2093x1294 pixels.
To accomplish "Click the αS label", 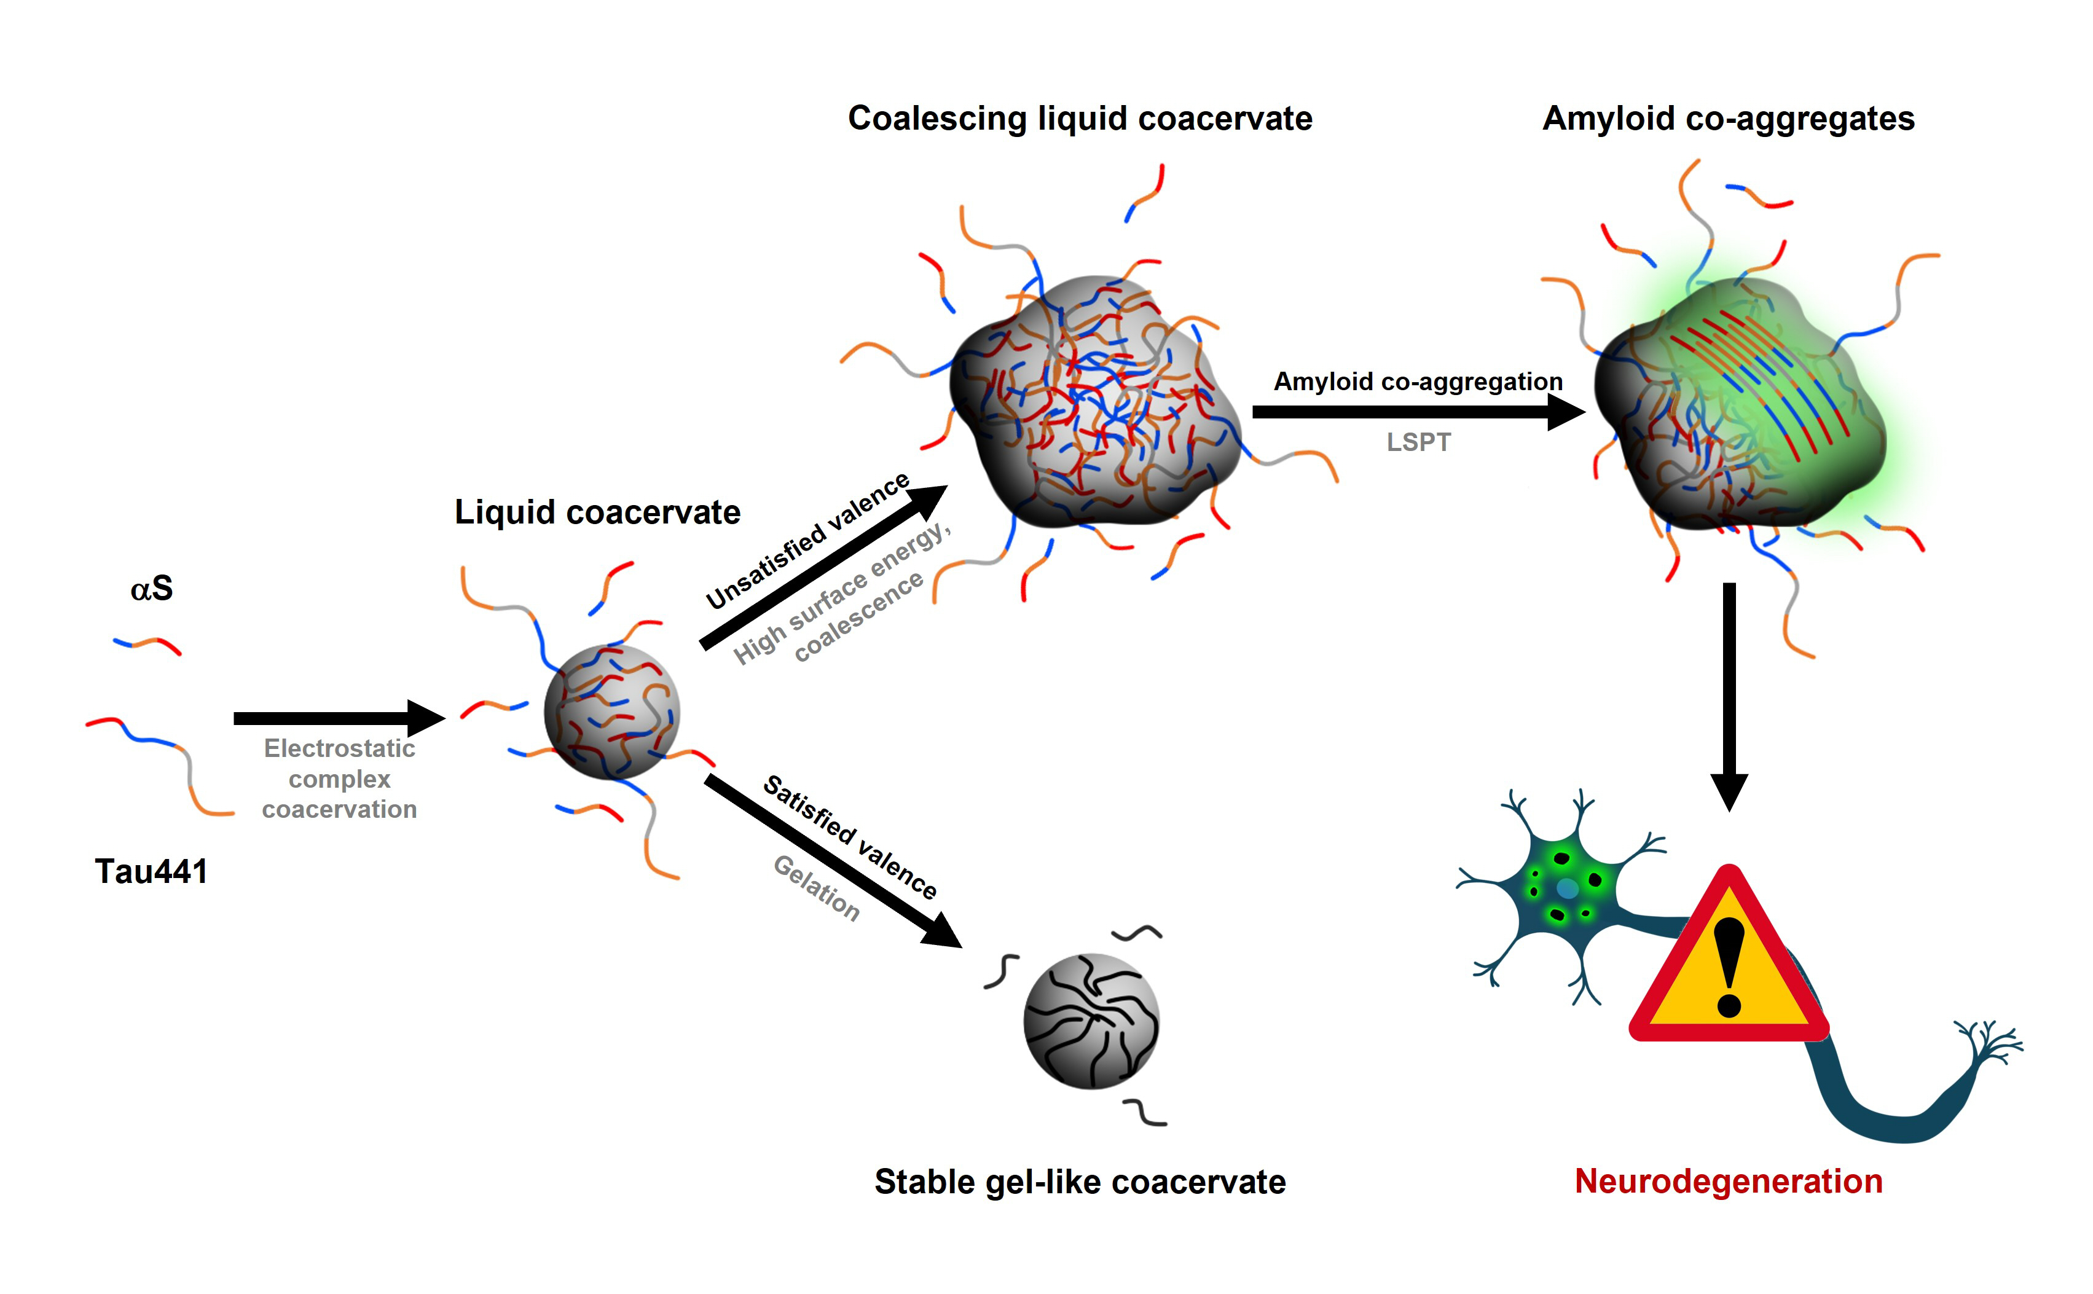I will [x=151, y=589].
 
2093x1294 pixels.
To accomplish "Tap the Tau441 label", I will [x=151, y=871].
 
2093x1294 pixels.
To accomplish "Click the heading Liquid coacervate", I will [x=597, y=512].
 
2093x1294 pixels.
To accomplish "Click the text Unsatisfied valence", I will [x=806, y=540].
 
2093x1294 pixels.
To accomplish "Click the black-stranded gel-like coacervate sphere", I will [x=1091, y=1021].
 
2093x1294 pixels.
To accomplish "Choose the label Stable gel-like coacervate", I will [x=1080, y=1182].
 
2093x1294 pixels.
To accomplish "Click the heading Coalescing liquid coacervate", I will [x=1080, y=118].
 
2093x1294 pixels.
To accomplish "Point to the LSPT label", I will [x=1418, y=442].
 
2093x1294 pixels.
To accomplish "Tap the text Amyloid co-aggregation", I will [x=1418, y=381].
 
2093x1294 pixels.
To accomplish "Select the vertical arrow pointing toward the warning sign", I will [x=1729, y=693].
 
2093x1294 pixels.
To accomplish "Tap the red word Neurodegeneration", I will [x=1729, y=1181].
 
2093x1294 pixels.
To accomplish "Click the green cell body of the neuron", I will [x=1564, y=888].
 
